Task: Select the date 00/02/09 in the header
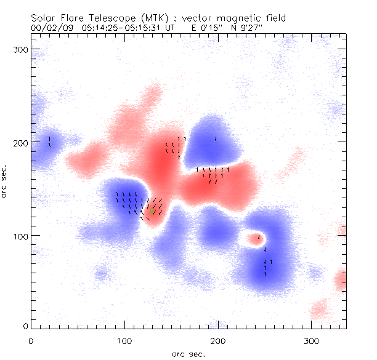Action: tap(49, 28)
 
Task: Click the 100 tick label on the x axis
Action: tap(124, 340)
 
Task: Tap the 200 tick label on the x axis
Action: tap(218, 340)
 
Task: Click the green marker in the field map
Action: tap(152, 210)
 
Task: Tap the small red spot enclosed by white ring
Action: tap(253, 238)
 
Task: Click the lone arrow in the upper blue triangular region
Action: tap(216, 138)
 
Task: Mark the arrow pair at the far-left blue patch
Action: tap(49, 142)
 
